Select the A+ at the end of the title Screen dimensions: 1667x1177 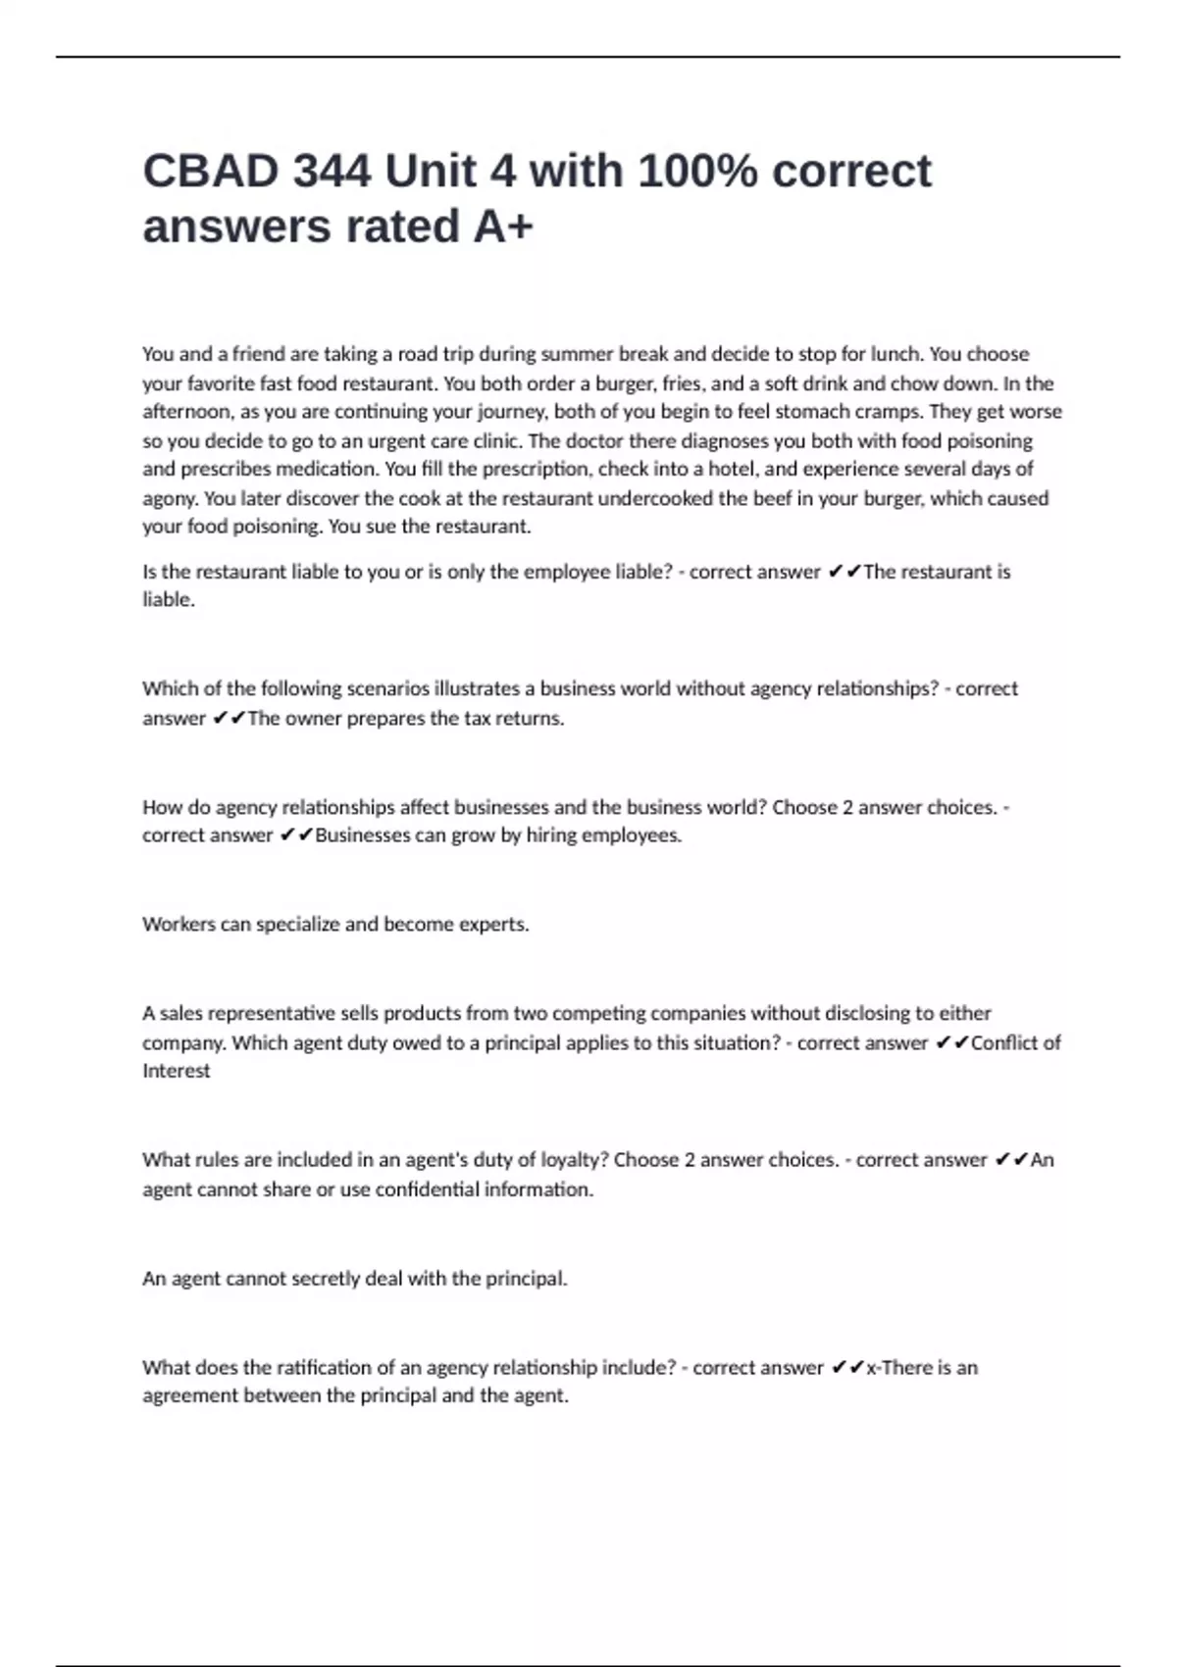tap(504, 227)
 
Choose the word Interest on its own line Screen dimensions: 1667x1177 tap(177, 1071)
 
